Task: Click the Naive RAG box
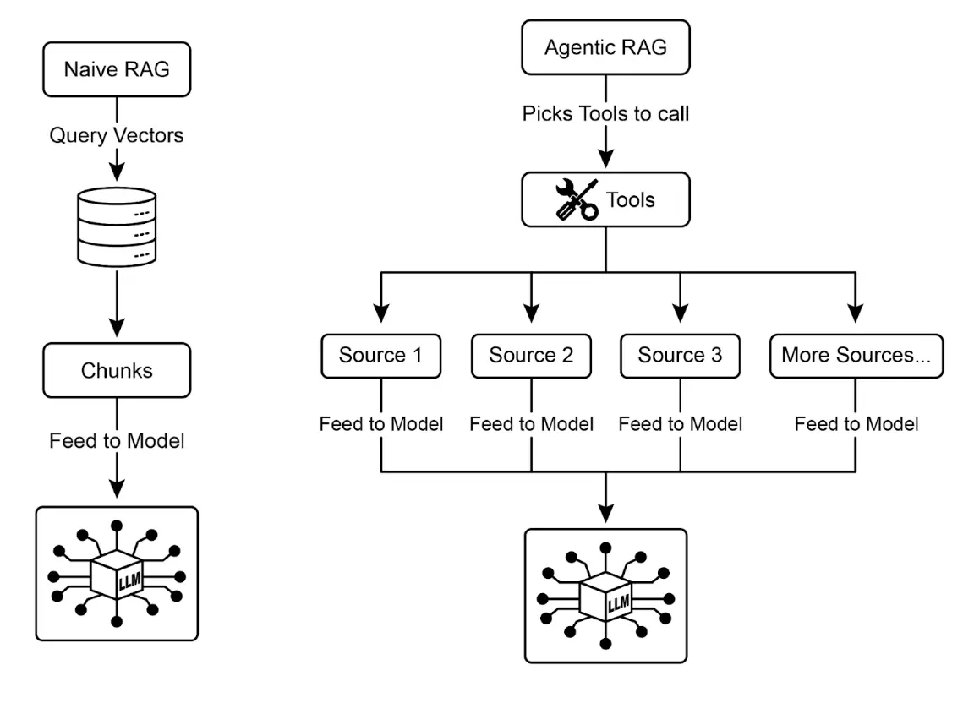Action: (x=117, y=68)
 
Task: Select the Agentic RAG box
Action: (x=605, y=46)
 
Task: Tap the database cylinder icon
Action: (x=117, y=226)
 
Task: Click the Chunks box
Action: (x=117, y=371)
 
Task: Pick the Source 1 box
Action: (x=380, y=355)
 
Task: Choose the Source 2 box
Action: (x=531, y=355)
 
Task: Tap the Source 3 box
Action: (x=681, y=355)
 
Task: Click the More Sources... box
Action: (x=856, y=355)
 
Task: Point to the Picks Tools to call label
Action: (x=606, y=113)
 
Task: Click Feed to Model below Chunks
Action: (x=117, y=441)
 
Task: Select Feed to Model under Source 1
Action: (x=380, y=423)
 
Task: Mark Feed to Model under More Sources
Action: (x=856, y=423)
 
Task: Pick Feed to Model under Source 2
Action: (x=531, y=423)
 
